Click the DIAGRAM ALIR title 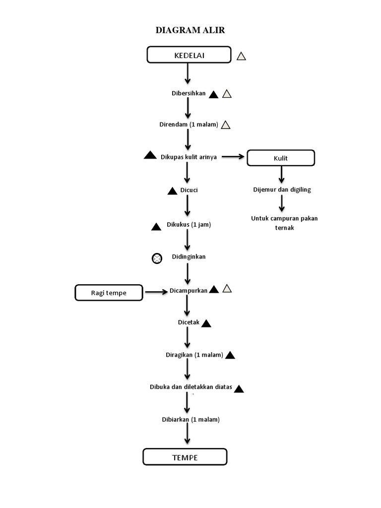(190, 30)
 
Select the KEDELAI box (189, 55)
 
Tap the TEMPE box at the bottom (185, 457)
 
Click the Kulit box (281, 158)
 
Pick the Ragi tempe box (109, 293)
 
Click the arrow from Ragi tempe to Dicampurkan (155, 292)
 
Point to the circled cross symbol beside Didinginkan (157, 258)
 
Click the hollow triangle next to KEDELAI (241, 56)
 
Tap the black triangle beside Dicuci (172, 191)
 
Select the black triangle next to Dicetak (206, 323)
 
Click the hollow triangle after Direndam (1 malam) (226, 125)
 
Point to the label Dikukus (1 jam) (189, 225)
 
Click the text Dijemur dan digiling (282, 190)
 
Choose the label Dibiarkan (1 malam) (190, 419)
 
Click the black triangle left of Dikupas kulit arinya (150, 155)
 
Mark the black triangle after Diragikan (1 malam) (230, 355)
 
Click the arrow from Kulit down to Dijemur (281, 174)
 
